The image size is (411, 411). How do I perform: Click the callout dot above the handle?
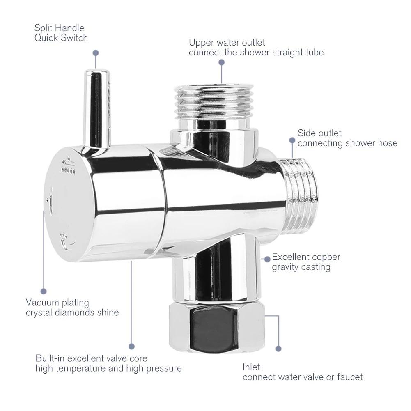coord(96,53)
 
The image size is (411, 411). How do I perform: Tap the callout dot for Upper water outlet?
coord(222,62)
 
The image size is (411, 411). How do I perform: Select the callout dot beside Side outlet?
coord(292,140)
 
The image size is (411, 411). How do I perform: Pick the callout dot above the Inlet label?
coord(278,349)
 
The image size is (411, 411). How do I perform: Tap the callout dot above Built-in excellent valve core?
coord(131,347)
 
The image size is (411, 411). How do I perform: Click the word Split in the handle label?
coord(43,28)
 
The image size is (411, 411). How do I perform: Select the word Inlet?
coord(251,367)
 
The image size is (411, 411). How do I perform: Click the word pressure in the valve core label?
coord(164,368)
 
